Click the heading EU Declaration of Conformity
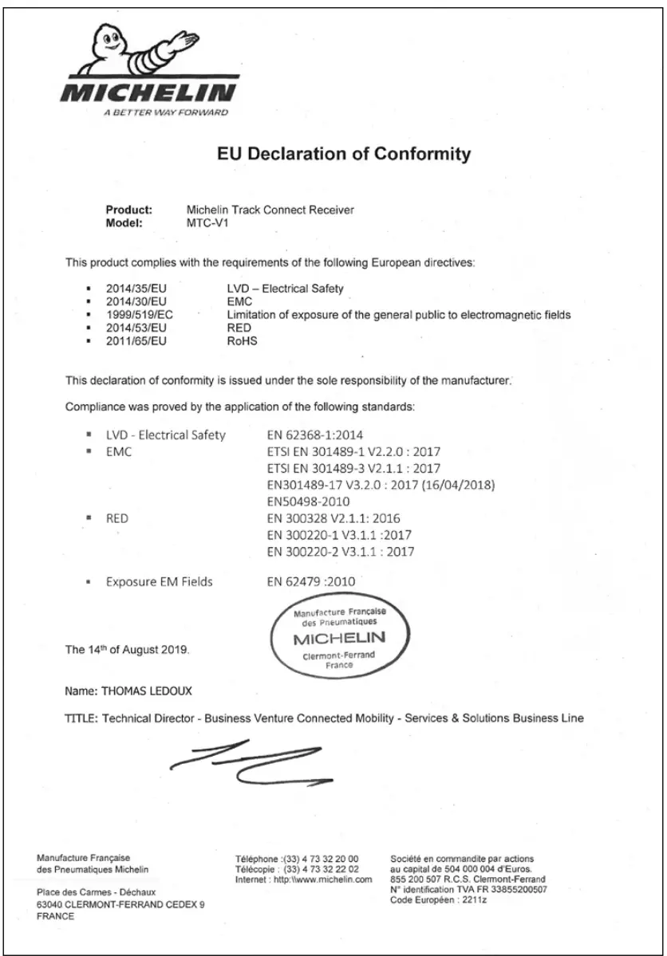[344, 153]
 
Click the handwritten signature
[254, 761]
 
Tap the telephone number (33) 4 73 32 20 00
[319, 859]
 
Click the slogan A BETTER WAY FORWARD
[165, 112]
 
